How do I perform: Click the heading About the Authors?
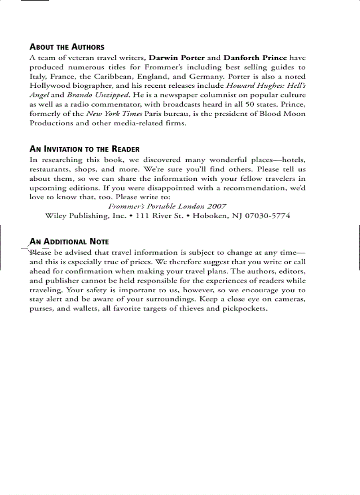click(67, 47)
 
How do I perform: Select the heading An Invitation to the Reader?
click(84, 149)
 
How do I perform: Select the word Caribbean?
click(117, 76)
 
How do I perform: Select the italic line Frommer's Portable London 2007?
click(167, 206)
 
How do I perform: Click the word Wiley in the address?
click(55, 216)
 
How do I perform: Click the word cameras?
click(289, 299)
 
